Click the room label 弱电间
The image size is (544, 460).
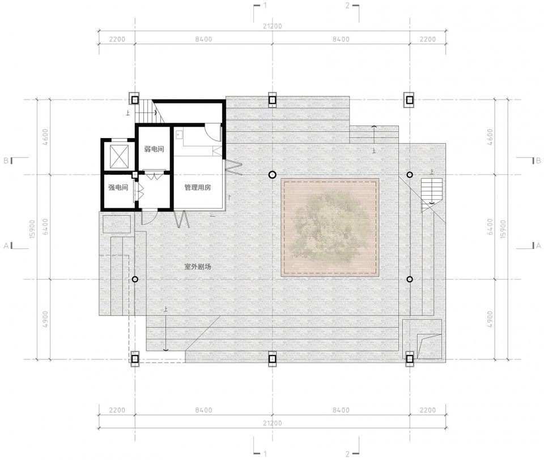point(154,149)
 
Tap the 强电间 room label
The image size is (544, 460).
point(118,187)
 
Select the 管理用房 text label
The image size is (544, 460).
point(197,187)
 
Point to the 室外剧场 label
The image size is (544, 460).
point(197,266)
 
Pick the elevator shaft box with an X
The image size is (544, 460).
point(119,157)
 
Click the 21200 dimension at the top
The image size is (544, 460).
point(273,26)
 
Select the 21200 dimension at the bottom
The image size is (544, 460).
point(273,423)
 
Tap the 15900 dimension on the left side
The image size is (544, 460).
point(32,229)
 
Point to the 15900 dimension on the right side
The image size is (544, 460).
point(503,229)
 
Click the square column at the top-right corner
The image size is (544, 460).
point(410,100)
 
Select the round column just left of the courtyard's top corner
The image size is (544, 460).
point(273,174)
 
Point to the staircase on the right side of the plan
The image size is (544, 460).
point(432,195)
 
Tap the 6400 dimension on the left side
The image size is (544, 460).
point(45,227)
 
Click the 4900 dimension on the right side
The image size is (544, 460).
point(490,319)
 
